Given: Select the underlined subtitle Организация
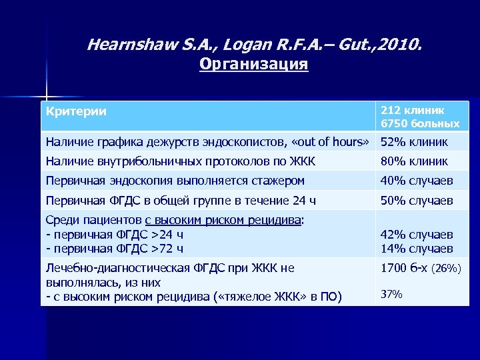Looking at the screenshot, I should coord(253,65).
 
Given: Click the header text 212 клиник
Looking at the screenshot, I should coord(413,110).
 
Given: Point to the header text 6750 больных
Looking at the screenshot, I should coord(419,124).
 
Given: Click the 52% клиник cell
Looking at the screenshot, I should coord(414,142).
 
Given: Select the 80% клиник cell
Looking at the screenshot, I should coord(414,161).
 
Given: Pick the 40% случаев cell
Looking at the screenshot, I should coord(417,181).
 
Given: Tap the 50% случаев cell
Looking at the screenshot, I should coord(417,201).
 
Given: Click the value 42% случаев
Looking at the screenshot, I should coord(417,235).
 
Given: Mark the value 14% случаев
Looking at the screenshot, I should coord(417,249).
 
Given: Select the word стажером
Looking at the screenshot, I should coord(275,181).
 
